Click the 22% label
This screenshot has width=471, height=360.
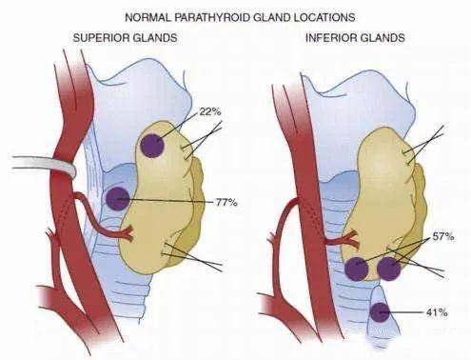click(x=210, y=111)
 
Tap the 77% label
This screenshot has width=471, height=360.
click(x=226, y=202)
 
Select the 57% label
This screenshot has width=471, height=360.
click(x=443, y=236)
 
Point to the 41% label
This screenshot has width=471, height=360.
click(x=437, y=312)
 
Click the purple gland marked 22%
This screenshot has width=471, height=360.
click(x=152, y=146)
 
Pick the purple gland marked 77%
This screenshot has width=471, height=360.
click(x=118, y=199)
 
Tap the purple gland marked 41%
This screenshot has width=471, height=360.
click(x=380, y=312)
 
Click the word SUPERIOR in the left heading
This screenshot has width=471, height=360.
click(x=99, y=38)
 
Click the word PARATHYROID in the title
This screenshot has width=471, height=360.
click(x=211, y=17)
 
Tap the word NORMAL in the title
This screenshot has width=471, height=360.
click(x=148, y=17)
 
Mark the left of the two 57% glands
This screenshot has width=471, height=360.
click(x=357, y=269)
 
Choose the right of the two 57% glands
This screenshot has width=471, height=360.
click(x=389, y=269)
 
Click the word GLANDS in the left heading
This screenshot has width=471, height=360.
click(x=153, y=38)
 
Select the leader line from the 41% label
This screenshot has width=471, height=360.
click(x=402, y=312)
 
